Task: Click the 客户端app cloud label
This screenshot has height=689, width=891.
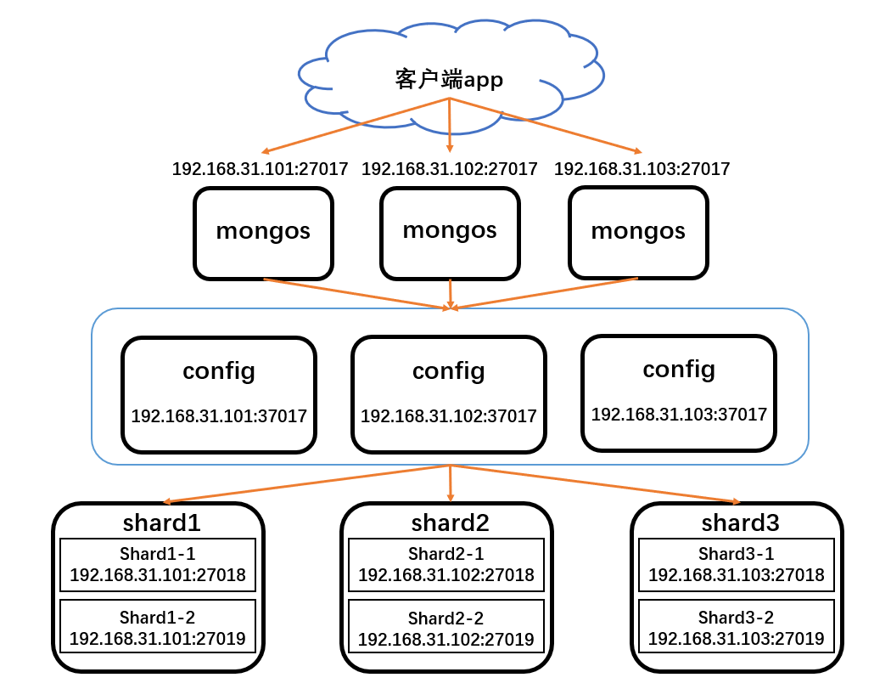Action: tap(449, 80)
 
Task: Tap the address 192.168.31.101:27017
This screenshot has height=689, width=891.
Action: tap(260, 169)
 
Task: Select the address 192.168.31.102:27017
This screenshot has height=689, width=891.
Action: tap(450, 169)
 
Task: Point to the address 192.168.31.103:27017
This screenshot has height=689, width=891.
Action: tap(642, 169)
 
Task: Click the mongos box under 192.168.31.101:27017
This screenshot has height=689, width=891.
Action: tap(263, 232)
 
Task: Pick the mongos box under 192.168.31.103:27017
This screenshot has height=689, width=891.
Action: tap(638, 232)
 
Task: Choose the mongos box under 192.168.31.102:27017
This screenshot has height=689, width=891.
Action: tap(450, 231)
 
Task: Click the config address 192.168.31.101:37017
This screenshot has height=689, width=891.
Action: tap(219, 416)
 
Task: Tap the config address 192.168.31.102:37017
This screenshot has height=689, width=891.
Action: tap(449, 416)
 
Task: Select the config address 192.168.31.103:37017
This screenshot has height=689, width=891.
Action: tap(679, 415)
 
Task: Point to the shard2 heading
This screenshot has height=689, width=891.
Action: tap(450, 521)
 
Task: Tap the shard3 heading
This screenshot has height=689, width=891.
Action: tap(740, 521)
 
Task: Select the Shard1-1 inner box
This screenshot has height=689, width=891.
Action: tap(158, 565)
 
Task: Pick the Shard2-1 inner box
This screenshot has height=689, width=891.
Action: tap(446, 565)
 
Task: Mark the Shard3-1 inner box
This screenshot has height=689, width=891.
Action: tap(737, 565)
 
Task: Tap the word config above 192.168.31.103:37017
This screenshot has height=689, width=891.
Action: tap(679, 370)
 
